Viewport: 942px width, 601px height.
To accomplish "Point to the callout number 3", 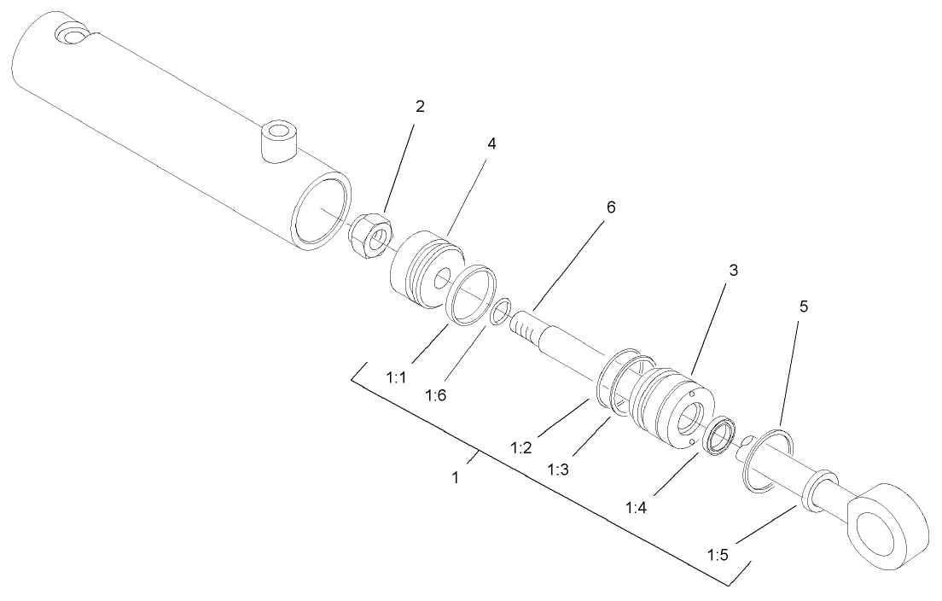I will [731, 270].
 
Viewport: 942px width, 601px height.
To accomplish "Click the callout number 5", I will [802, 306].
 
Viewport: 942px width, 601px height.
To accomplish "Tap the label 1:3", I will [559, 469].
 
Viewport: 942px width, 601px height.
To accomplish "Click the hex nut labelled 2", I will [370, 233].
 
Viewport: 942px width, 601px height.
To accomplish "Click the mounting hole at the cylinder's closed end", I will [68, 35].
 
